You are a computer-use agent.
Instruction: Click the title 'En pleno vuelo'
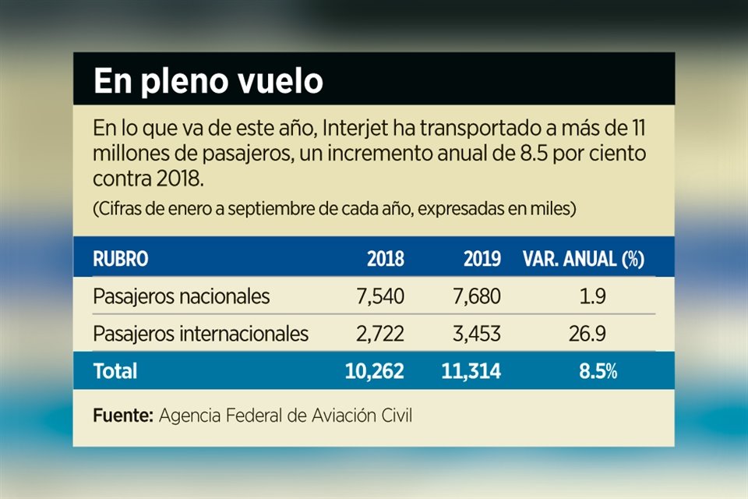tap(208, 82)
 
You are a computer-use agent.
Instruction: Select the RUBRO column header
tap(120, 260)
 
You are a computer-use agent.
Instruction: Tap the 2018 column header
tap(385, 260)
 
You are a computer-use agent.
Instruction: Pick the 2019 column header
tap(482, 260)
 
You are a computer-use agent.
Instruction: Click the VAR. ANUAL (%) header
tap(584, 260)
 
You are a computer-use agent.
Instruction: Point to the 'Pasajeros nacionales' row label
tap(182, 297)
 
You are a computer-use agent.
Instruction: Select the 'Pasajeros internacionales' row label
tap(201, 334)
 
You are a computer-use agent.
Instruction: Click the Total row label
tap(115, 372)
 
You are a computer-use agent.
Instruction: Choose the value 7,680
tap(477, 297)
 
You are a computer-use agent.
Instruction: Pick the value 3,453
tap(477, 334)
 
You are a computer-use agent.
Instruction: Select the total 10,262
tap(374, 372)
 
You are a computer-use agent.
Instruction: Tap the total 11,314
tap(471, 372)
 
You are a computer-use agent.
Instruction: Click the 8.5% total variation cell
tap(598, 372)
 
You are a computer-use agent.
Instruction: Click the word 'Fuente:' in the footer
tap(123, 416)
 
